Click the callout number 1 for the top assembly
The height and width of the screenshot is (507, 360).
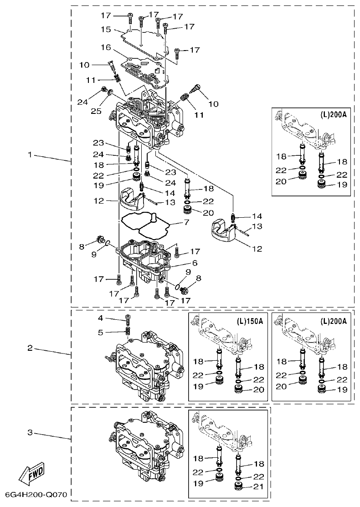30,155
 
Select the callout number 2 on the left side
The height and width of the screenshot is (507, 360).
30,348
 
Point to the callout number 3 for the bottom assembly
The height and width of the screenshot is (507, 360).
30,432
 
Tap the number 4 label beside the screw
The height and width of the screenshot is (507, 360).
101,318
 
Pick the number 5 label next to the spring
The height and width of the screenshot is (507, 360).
101,332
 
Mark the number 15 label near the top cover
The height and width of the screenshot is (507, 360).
106,29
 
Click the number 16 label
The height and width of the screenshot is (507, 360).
106,47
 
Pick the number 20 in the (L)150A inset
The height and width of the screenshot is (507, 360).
259,390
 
